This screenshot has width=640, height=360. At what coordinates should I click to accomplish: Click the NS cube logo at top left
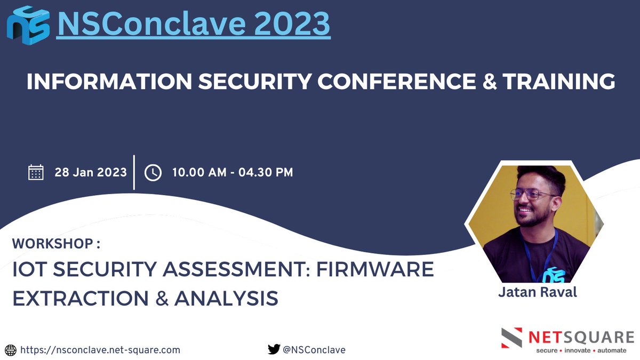pyautogui.click(x=28, y=25)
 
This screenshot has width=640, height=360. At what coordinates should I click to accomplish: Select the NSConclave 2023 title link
pyautogui.click(x=193, y=24)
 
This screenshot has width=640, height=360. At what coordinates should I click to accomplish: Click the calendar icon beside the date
pyautogui.click(x=36, y=173)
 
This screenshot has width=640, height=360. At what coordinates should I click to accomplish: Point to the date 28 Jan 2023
pyautogui.click(x=91, y=172)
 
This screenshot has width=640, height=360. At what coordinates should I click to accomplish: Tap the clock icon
pyautogui.click(x=153, y=173)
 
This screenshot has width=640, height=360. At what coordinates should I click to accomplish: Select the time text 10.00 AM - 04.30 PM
pyautogui.click(x=232, y=172)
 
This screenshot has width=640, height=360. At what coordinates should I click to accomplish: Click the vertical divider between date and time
pyautogui.click(x=134, y=172)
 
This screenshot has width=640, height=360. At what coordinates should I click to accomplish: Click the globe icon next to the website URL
pyautogui.click(x=11, y=350)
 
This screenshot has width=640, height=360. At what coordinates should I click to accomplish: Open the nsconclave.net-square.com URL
pyautogui.click(x=100, y=350)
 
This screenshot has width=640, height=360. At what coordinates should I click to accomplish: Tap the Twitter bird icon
pyautogui.click(x=274, y=350)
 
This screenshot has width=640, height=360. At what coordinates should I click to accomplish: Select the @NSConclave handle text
pyautogui.click(x=314, y=350)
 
